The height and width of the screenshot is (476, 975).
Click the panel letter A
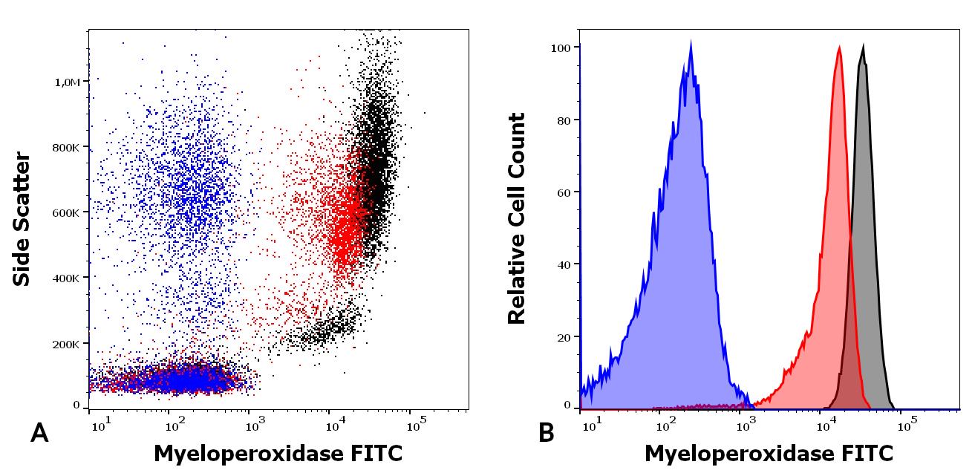39,433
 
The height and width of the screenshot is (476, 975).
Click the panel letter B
546,433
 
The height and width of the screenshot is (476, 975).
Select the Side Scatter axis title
22,219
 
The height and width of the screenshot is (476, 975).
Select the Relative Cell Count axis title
517,219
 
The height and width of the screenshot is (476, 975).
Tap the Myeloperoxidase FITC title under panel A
278,453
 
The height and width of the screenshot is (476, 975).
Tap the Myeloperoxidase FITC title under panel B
769,453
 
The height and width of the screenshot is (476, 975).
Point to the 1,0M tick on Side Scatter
68,82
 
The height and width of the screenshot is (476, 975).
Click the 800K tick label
66,147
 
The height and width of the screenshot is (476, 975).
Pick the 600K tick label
66,212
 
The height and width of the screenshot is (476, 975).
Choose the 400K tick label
66,278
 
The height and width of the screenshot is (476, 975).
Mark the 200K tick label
66,345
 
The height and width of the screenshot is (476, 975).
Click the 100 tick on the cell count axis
561,48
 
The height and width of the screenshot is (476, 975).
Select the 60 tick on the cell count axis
564,193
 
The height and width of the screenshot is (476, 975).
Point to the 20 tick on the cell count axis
564,338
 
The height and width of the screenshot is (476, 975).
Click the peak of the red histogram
839,48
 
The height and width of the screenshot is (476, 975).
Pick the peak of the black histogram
863,47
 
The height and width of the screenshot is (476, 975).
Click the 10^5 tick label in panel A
416,424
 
